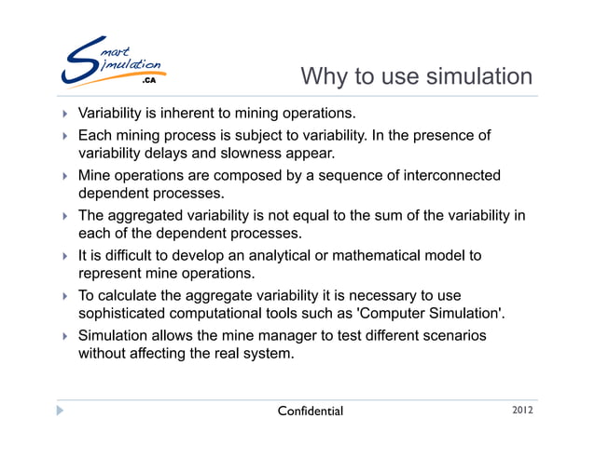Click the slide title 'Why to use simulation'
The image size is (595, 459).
(418, 75)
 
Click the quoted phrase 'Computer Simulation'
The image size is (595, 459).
(442, 314)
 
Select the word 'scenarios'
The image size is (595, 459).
(453, 335)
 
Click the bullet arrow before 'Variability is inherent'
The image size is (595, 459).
(64, 115)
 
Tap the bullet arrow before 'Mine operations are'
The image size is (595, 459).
(64, 176)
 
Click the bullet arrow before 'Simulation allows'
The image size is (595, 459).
(64, 336)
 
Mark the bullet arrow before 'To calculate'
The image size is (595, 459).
(64, 296)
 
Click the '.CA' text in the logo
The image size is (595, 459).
(148, 82)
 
